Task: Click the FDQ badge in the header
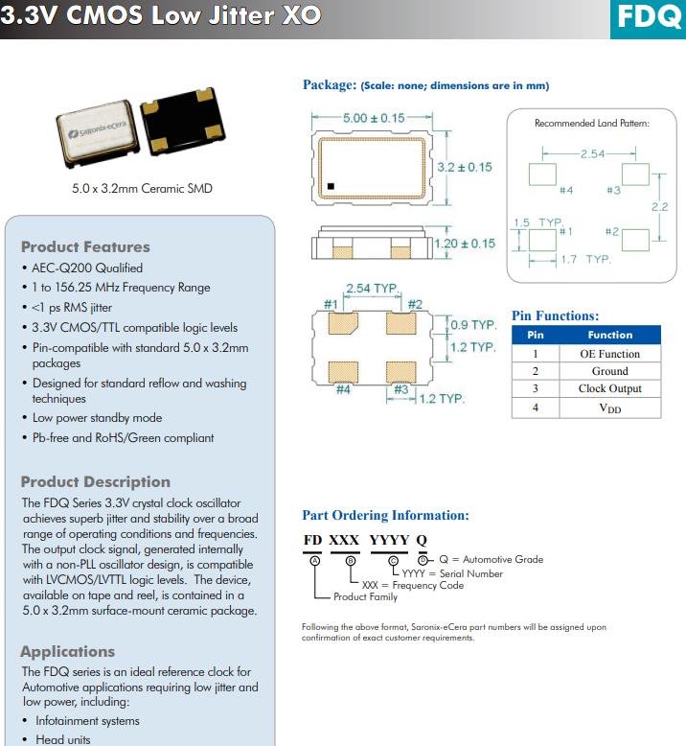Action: point(648,17)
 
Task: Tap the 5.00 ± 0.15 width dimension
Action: point(374,118)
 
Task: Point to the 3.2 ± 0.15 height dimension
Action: point(464,167)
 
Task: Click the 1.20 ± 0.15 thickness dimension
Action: point(465,244)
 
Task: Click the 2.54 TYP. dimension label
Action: point(372,288)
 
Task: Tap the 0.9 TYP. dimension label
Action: point(473,325)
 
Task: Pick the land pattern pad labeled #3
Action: point(635,175)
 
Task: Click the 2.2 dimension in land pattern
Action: point(659,206)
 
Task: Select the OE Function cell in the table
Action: point(609,354)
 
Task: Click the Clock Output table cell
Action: point(609,388)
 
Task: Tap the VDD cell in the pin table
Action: point(609,408)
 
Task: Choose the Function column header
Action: point(609,335)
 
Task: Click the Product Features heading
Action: point(85,246)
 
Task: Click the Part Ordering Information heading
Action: point(385,515)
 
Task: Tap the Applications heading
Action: point(67,651)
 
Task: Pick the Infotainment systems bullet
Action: point(87,720)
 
